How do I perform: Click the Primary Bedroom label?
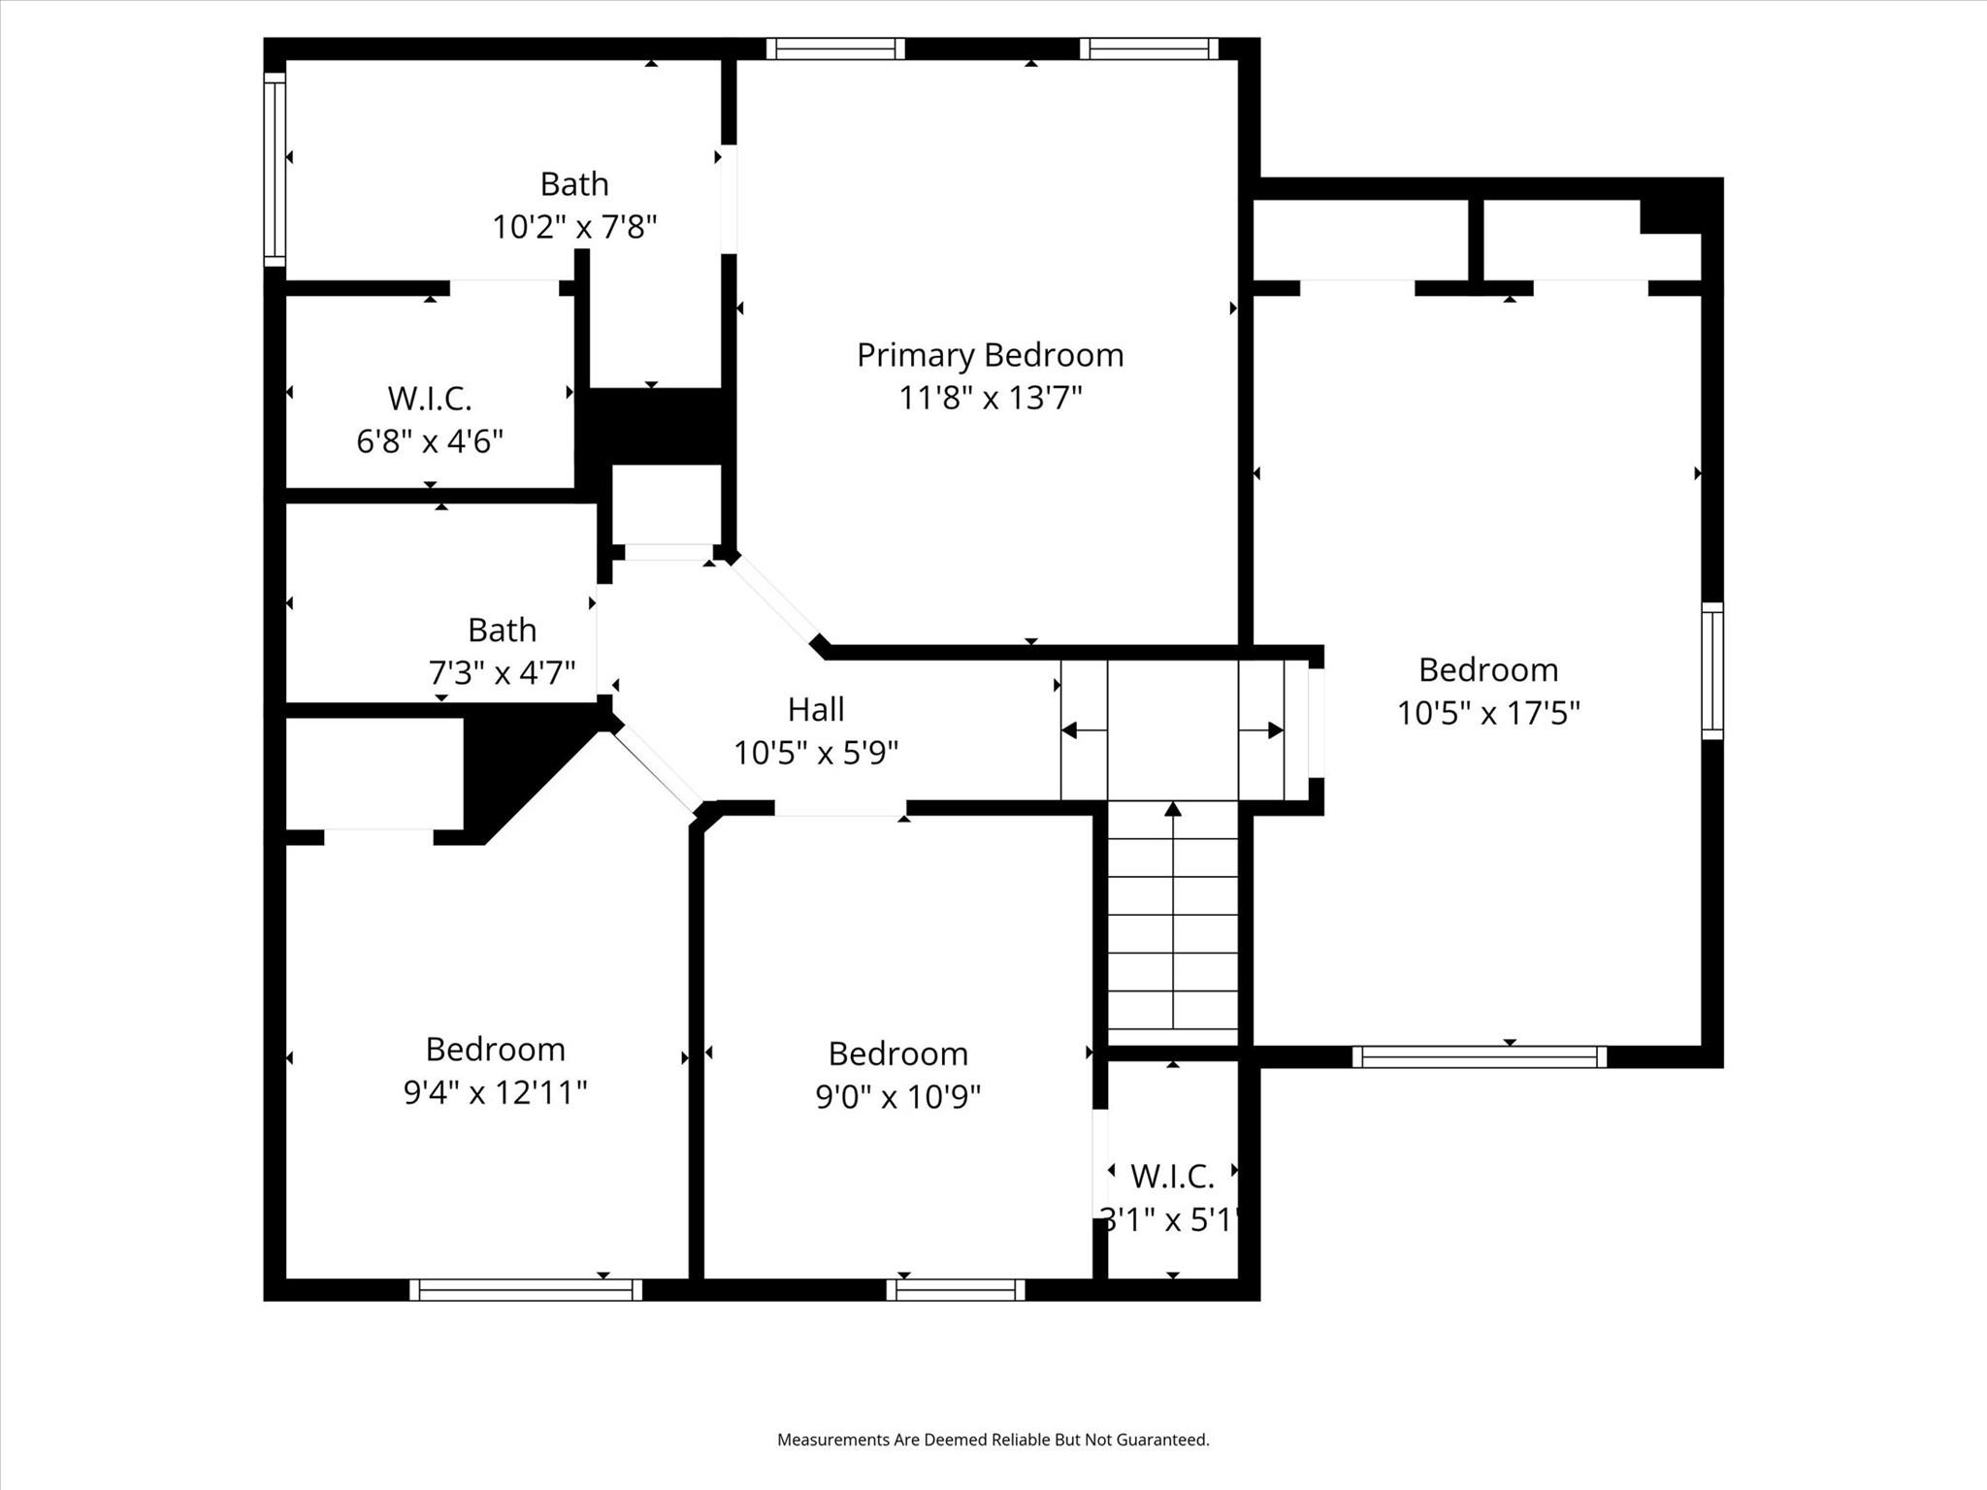[990, 355]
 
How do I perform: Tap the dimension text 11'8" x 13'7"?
[990, 398]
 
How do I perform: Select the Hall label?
[816, 709]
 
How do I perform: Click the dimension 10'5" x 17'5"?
[1488, 713]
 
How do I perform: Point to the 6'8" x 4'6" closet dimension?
[430, 441]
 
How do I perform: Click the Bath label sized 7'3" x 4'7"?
[502, 631]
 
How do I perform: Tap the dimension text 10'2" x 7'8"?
[574, 227]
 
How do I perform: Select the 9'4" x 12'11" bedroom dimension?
[495, 1092]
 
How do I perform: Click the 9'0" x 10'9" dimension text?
[898, 1096]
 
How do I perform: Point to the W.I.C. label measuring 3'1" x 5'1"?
[1172, 1177]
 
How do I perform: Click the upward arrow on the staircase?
[1173, 809]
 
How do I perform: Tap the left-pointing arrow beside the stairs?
[1071, 730]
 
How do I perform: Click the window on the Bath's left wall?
[276, 169]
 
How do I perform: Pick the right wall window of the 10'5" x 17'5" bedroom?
[1712, 670]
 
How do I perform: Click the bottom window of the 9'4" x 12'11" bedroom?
[525, 1289]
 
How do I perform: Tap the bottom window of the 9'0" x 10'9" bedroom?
[956, 1289]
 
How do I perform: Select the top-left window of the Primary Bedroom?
[835, 49]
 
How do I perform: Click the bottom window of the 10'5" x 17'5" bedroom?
[1480, 1056]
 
